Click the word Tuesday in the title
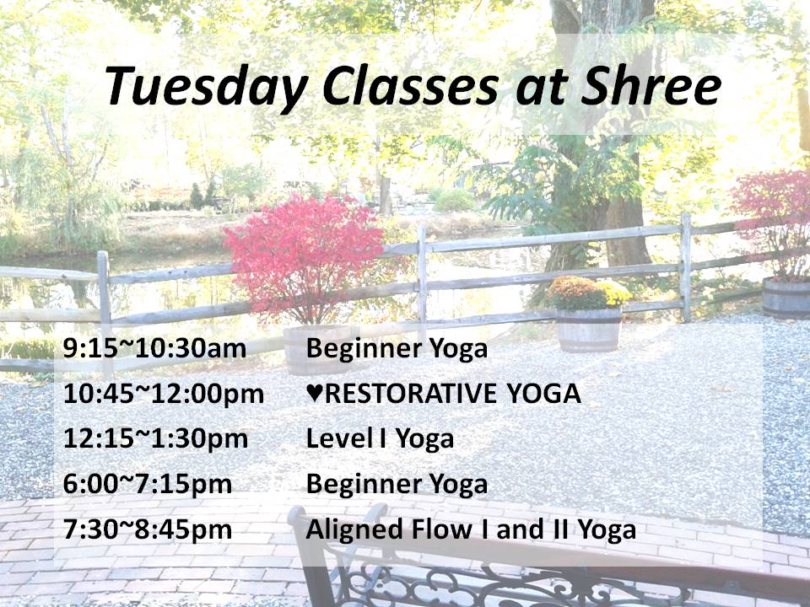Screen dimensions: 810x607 (x=207, y=87)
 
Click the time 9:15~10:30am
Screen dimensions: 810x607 (x=154, y=348)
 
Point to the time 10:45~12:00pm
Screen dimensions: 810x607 (x=163, y=394)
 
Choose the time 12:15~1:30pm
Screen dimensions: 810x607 (x=155, y=439)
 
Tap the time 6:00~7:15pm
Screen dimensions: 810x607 (x=147, y=484)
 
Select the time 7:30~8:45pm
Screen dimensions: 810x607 (x=147, y=529)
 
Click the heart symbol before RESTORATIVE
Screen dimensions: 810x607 (x=315, y=394)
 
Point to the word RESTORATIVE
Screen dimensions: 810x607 (x=411, y=394)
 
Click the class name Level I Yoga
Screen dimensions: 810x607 (x=380, y=439)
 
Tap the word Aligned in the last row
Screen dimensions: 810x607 (x=355, y=530)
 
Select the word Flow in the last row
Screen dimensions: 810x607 (x=440, y=529)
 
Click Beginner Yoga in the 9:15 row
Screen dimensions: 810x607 (x=397, y=348)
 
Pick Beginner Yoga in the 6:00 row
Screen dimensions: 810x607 (x=397, y=485)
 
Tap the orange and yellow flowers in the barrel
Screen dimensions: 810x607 (x=588, y=293)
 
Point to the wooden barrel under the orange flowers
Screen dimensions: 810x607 (x=589, y=330)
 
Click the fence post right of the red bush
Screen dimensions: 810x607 (x=422, y=282)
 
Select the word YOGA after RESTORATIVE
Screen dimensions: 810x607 (x=543, y=394)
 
